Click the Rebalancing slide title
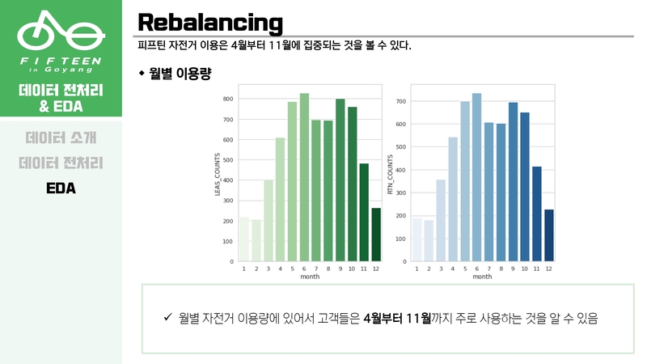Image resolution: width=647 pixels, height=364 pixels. coord(209,22)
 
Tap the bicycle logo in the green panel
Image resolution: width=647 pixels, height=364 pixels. coord(61,33)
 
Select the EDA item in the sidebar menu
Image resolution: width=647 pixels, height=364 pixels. coord(61,188)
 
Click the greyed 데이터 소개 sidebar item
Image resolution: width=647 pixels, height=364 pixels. coord(61,138)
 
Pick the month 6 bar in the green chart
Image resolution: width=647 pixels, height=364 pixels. coord(305,177)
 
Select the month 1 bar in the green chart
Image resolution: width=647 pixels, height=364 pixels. coord(244,239)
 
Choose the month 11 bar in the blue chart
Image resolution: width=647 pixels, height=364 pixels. coord(537,214)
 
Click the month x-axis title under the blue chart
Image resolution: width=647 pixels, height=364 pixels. coord(482,277)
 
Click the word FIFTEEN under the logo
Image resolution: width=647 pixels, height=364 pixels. coord(61,60)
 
